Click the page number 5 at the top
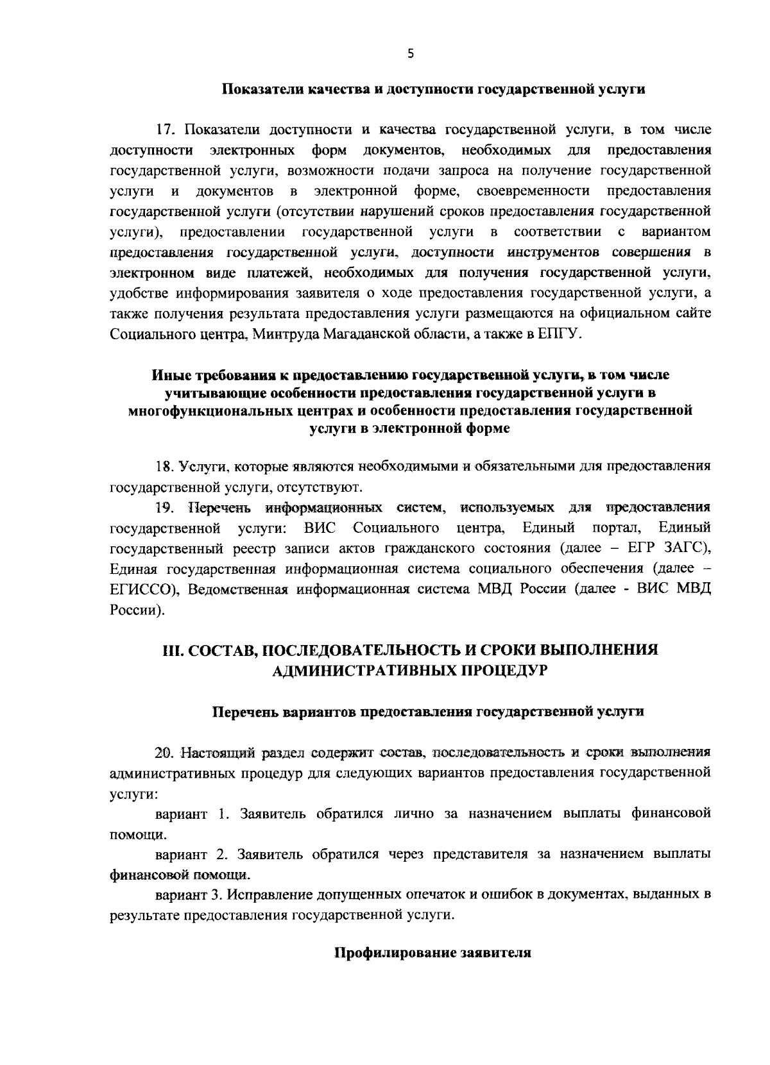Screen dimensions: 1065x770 click(x=411, y=55)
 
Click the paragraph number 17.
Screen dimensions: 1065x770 click(x=166, y=130)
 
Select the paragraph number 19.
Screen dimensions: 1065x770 click(x=166, y=508)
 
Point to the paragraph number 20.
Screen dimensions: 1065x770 click(x=166, y=751)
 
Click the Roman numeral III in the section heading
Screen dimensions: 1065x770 click(x=174, y=650)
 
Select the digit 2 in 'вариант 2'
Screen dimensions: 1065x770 click(x=221, y=855)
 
